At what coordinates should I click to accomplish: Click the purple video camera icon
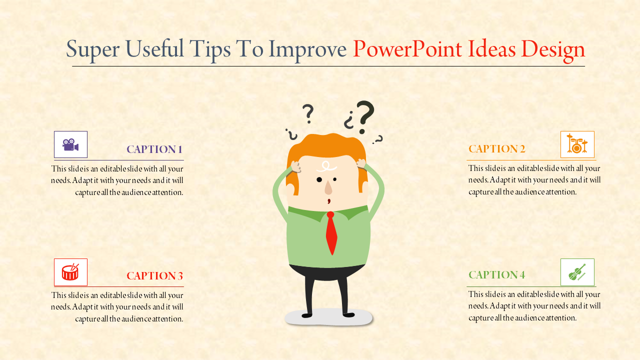point(70,144)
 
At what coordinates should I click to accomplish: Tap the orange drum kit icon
point(577,144)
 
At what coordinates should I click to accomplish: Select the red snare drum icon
point(70,272)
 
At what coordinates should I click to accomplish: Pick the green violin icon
point(577,272)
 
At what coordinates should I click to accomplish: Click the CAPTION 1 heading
point(154,149)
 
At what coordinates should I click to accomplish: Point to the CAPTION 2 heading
point(496,148)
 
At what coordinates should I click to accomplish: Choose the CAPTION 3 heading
point(154,275)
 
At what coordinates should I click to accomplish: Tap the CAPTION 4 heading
point(496,274)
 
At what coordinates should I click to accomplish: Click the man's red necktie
point(331,232)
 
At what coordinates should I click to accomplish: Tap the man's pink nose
point(328,188)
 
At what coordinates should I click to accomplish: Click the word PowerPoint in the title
point(407,49)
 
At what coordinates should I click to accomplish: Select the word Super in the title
point(90,49)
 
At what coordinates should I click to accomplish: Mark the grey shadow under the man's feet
point(329,318)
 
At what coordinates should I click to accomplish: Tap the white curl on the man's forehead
point(327,166)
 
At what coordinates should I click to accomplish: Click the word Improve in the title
point(307,49)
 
